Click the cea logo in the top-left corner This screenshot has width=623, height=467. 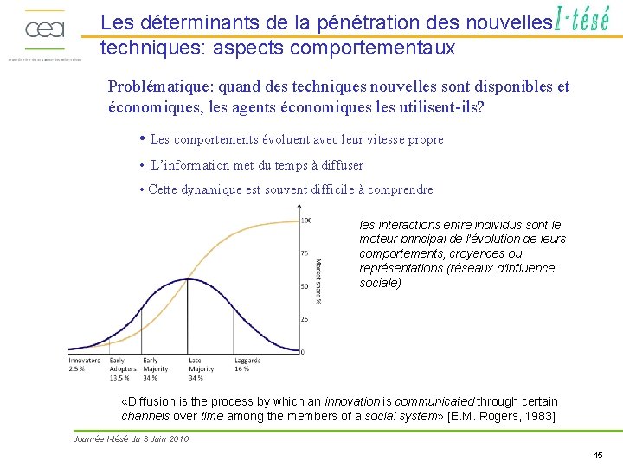pyautogui.click(x=44, y=31)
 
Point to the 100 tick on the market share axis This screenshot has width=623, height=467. pyautogui.click(x=305, y=221)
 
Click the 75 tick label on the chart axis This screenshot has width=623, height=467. pyautogui.click(x=305, y=253)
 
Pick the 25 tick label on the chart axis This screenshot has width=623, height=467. pyautogui.click(x=305, y=319)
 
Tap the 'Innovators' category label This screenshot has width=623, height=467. pyautogui.click(x=84, y=361)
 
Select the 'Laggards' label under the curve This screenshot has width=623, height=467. pyautogui.click(x=247, y=361)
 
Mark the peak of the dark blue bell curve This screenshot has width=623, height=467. pyautogui.click(x=189, y=279)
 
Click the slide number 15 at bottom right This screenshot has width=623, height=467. pyautogui.click(x=598, y=455)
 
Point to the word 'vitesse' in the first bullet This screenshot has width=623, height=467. pyautogui.click(x=368, y=139)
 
